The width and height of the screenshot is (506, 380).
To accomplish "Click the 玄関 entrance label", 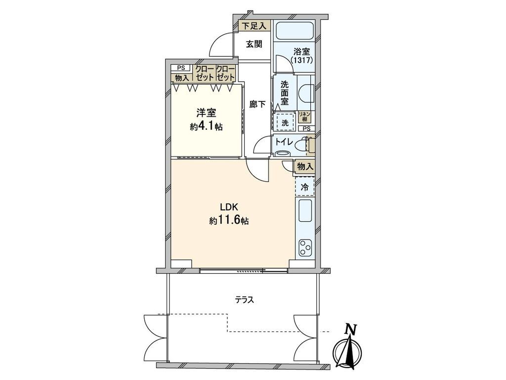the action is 254,44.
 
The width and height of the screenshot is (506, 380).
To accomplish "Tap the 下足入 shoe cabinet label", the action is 254,26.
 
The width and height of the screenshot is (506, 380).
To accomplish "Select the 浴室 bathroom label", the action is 301,51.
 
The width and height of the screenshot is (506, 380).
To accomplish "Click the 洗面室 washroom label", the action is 284,93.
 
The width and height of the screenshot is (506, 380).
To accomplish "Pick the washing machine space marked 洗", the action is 285,123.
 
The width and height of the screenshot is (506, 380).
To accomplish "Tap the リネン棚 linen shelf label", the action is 304,116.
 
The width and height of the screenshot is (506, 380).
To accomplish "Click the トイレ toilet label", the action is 284,142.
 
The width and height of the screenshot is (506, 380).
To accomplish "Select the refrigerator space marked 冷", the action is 304,187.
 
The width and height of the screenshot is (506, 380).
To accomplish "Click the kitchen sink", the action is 305,211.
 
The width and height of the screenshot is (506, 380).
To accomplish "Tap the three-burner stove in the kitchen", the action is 305,248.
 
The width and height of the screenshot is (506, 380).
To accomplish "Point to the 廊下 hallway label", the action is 258,104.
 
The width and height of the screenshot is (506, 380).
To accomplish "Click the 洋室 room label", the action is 206,113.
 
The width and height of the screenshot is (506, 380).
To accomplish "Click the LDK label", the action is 229,207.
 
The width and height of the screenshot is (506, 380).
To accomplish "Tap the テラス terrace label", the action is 244,300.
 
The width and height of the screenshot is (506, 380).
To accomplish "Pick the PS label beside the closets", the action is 181,68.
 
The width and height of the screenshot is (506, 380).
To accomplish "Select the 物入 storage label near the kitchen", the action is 304,167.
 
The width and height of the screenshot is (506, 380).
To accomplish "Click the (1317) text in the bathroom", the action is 302,60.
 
